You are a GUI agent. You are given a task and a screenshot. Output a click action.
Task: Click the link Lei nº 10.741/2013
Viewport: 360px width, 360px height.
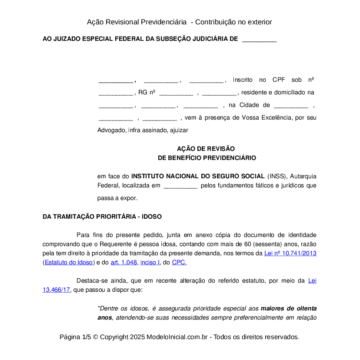click(290, 253)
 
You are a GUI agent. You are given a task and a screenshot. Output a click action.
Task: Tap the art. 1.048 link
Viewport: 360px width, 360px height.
click(124, 262)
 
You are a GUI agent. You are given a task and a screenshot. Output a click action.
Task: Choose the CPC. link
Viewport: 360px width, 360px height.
click(180, 262)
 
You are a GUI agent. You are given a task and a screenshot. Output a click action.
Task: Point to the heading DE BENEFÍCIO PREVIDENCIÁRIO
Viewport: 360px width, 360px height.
click(207, 158)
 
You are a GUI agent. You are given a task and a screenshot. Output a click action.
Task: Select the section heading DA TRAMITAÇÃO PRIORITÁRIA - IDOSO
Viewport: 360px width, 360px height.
click(102, 217)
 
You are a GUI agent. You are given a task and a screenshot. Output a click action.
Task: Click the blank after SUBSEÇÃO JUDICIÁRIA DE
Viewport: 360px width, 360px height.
click(259, 39)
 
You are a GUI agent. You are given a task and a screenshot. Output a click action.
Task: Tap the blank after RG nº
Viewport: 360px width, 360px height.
click(176, 92)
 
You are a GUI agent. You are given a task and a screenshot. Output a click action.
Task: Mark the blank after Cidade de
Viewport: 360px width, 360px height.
click(291, 105)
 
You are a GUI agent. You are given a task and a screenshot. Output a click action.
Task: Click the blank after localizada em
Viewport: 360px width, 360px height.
click(180, 186)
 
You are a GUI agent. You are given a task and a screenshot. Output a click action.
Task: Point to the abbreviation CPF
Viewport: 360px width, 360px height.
click(279, 80)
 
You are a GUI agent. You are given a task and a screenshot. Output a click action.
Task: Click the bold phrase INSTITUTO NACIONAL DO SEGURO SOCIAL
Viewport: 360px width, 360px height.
click(198, 176)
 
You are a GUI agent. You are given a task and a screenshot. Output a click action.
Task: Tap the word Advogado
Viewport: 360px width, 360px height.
click(111, 130)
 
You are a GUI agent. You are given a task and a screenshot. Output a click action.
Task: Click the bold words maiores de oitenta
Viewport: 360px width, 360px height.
click(289, 308)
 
